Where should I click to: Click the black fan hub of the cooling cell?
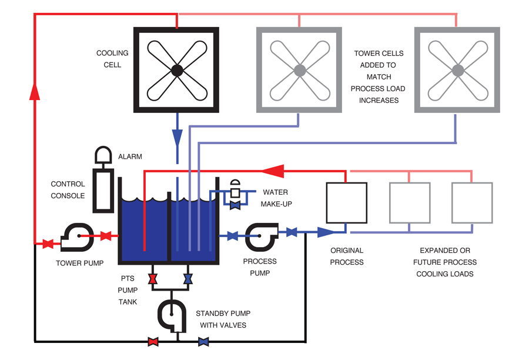[176, 71]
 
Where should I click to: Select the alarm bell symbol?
[103, 154]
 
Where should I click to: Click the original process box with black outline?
[346, 202]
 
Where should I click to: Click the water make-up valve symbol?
[236, 204]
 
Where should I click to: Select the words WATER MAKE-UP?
[275, 198]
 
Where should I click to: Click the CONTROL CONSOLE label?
[68, 190]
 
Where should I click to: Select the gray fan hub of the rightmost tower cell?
[457, 71]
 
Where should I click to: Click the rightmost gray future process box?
[471, 202]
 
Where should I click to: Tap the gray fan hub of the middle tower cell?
[299, 71]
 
